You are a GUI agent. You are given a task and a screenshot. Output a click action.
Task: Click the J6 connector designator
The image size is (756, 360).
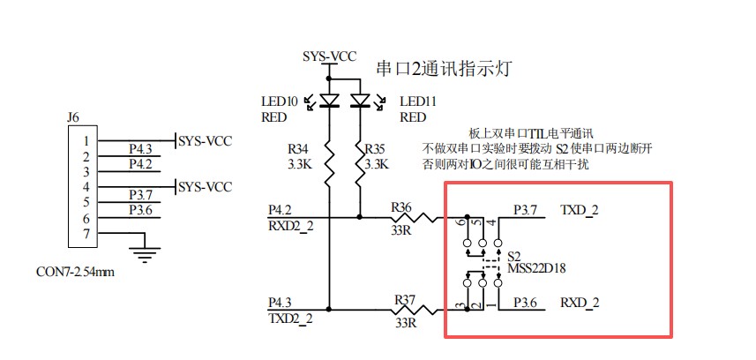click(73, 116)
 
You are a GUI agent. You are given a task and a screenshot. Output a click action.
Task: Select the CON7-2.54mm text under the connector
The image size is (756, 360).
click(76, 272)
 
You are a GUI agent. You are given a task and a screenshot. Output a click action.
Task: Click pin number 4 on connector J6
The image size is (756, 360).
click(86, 187)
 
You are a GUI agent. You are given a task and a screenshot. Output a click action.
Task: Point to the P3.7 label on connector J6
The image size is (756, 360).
click(140, 194)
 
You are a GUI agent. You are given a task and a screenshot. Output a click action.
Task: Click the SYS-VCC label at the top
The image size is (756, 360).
click(329, 56)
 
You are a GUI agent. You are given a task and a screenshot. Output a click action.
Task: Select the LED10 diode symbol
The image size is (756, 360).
click(329, 100)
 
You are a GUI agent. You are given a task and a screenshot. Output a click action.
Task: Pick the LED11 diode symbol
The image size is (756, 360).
click(360, 100)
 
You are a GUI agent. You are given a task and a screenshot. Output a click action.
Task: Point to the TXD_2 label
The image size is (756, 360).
click(580, 210)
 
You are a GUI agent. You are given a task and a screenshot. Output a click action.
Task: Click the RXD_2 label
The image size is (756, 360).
click(580, 303)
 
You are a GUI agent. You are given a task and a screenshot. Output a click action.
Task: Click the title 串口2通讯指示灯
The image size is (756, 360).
click(445, 68)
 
